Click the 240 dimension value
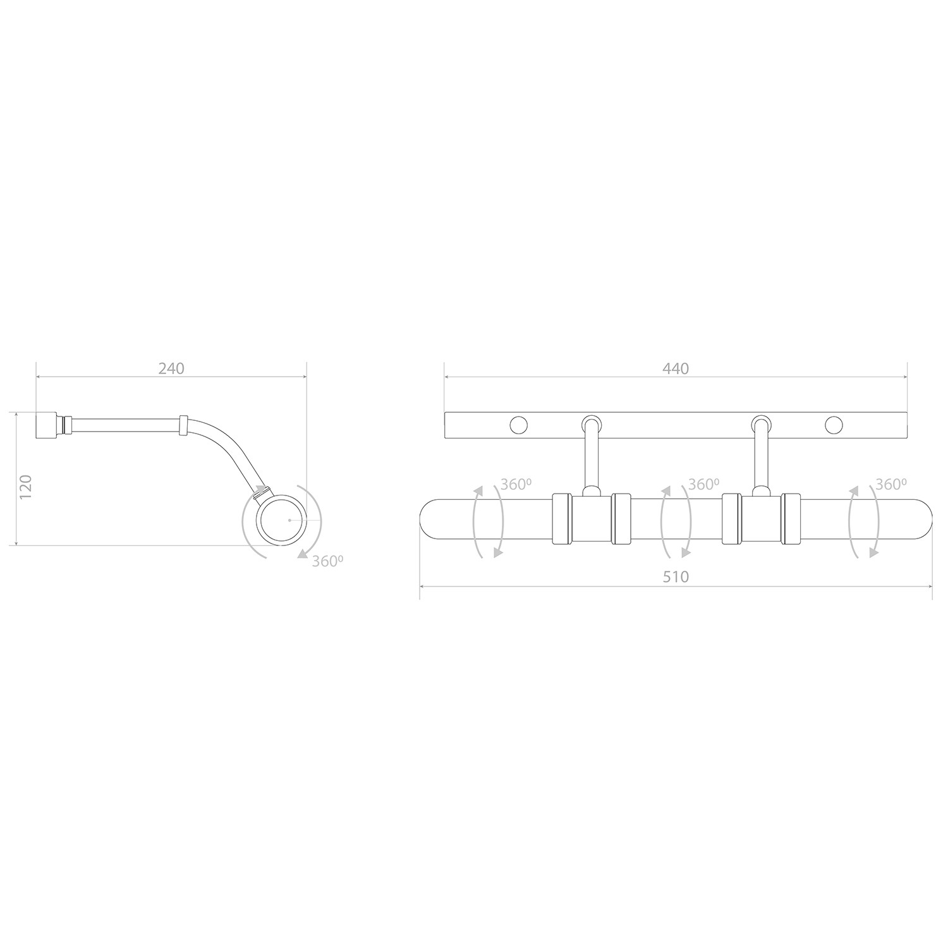(x=171, y=368)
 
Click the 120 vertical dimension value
(x=26, y=487)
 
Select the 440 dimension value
(x=676, y=368)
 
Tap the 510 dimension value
(x=676, y=576)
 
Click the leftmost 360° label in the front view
(x=516, y=485)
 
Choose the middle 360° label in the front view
(x=703, y=485)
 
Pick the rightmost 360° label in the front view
(x=891, y=485)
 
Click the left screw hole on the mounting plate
(x=519, y=425)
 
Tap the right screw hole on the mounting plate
(x=834, y=425)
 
